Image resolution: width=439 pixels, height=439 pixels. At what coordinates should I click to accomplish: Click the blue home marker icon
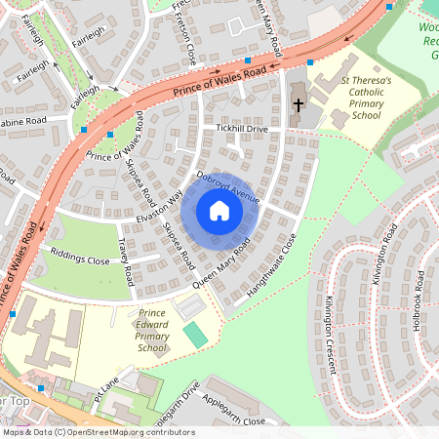click(219, 210)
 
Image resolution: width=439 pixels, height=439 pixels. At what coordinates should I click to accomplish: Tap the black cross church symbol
click(298, 104)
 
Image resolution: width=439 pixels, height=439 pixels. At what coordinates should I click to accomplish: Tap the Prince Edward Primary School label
click(152, 331)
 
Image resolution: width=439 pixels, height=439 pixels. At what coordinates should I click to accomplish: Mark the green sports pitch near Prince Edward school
click(196, 336)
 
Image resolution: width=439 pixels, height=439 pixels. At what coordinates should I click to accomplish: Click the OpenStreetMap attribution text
click(98, 432)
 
